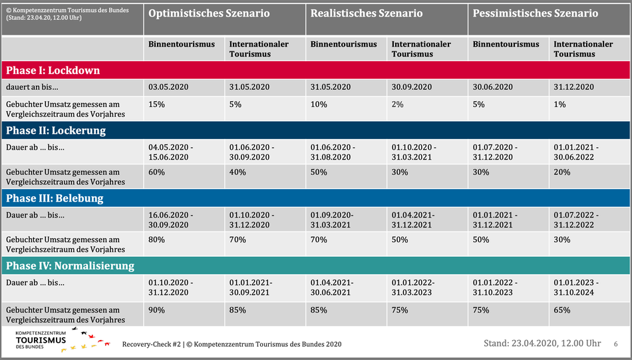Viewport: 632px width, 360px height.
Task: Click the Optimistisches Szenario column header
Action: pyautogui.click(x=209, y=13)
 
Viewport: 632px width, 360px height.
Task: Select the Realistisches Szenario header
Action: pyautogui.click(x=367, y=13)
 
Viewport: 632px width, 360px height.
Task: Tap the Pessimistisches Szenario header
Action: pyautogui.click(x=536, y=13)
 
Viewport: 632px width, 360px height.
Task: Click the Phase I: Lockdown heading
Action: pyautogui.click(x=53, y=70)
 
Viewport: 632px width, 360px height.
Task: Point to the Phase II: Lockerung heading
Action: pyautogui.click(x=56, y=130)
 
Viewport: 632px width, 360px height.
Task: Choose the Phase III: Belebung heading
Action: pyautogui.click(x=55, y=198)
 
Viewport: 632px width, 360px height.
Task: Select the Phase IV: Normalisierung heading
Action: pyautogui.click(x=70, y=266)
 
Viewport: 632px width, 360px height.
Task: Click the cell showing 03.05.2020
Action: pyautogui.click(x=168, y=87)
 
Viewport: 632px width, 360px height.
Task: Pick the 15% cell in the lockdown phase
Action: pyautogui.click(x=156, y=104)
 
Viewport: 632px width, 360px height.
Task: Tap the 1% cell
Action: pyautogui.click(x=559, y=104)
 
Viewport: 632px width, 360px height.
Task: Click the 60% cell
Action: pyautogui.click(x=156, y=172)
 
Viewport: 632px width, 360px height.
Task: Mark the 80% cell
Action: pyautogui.click(x=156, y=240)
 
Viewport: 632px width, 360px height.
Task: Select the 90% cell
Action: pyautogui.click(x=156, y=310)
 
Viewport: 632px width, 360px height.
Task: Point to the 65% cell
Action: pyautogui.click(x=562, y=310)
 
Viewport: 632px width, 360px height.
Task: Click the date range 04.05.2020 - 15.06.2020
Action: pyautogui.click(x=170, y=152)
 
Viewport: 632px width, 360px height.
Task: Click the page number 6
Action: pyautogui.click(x=615, y=344)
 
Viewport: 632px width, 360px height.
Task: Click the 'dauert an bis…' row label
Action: pyautogui.click(x=32, y=87)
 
